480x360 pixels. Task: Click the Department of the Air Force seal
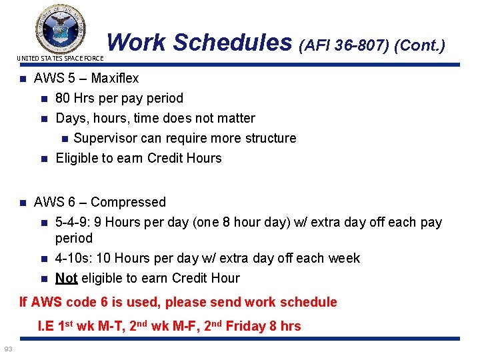coord(60,28)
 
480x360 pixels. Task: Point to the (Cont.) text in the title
coord(419,45)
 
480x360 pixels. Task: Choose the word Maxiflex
coord(115,78)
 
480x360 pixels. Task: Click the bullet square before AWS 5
coord(22,79)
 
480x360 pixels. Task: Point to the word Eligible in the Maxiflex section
coord(77,158)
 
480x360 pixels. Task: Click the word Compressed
coord(128,202)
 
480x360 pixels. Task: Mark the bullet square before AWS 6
coord(22,203)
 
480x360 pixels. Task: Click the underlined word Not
coord(66,278)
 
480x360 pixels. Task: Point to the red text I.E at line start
coord(46,326)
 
